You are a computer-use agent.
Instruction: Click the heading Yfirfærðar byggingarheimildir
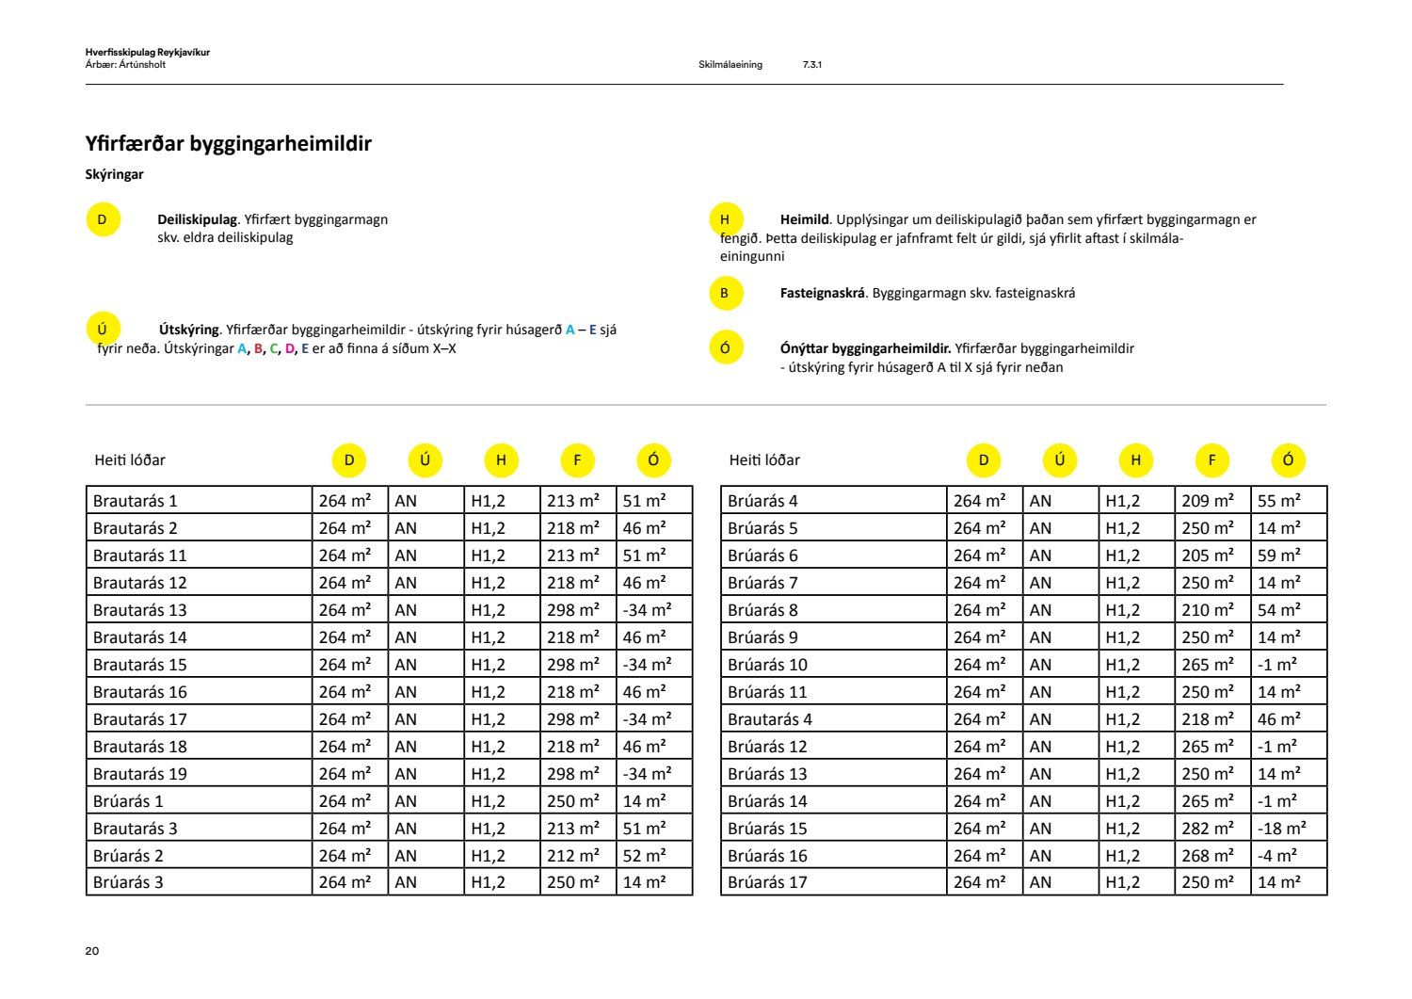pyautogui.click(x=228, y=144)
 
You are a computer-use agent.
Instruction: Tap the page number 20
pyautogui.click(x=92, y=951)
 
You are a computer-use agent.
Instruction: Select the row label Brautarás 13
pyautogui.click(x=140, y=610)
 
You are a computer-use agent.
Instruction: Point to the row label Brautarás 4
pyautogui.click(x=769, y=719)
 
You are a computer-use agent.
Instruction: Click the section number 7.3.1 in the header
pyautogui.click(x=812, y=65)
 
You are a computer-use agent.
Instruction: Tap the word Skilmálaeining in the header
pyautogui.click(x=730, y=65)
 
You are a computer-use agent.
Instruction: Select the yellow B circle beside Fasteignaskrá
pyautogui.click(x=725, y=293)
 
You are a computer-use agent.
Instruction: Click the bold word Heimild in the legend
pyautogui.click(x=804, y=219)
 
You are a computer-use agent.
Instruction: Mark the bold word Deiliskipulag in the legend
pyautogui.click(x=198, y=219)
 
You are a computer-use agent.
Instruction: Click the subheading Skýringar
pyautogui.click(x=114, y=174)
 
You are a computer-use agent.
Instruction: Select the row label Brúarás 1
pyautogui.click(x=128, y=801)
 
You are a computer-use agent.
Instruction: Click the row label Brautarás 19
pyautogui.click(x=140, y=774)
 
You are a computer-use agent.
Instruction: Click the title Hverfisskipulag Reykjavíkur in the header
pyautogui.click(x=147, y=53)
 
